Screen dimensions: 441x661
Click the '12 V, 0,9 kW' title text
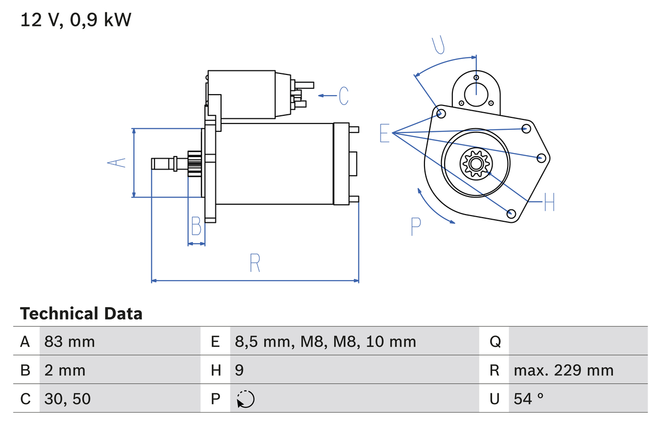click(76, 20)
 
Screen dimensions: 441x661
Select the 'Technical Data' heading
click(81, 314)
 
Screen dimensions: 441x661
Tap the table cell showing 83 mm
click(70, 341)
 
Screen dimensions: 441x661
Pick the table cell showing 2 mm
click(65, 370)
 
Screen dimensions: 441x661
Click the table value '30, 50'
click(68, 399)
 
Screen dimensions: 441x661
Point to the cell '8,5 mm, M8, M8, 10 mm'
click(325, 341)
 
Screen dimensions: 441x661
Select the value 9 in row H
click(240, 370)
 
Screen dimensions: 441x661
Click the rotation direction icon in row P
click(246, 399)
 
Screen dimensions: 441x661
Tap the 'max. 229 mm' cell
click(563, 370)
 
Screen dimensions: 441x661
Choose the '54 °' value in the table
click(529, 399)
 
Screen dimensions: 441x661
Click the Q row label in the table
click(495, 341)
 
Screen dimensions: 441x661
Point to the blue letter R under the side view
click(255, 263)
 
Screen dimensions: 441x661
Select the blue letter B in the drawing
click(196, 226)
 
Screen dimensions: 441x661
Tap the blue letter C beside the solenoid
click(343, 96)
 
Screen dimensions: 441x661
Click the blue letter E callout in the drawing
click(384, 133)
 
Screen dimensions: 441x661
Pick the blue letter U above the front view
click(438, 44)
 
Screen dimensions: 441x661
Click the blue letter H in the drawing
click(549, 202)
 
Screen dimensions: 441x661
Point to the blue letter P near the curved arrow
click(416, 226)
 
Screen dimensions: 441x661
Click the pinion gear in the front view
click(475, 164)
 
